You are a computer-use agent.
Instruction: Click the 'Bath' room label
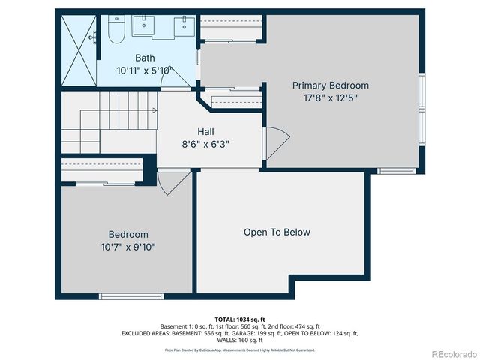[145, 58]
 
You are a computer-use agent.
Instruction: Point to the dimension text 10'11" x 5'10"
[145, 70]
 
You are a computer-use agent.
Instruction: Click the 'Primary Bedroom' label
[330, 85]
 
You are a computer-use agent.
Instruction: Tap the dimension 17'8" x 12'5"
[330, 97]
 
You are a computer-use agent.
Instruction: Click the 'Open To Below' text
[277, 232]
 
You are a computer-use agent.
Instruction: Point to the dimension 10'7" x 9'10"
[127, 246]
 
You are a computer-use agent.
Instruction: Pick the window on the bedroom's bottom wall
[131, 296]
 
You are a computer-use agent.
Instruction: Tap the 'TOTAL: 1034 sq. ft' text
[240, 319]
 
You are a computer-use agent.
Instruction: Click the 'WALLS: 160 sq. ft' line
[240, 340]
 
